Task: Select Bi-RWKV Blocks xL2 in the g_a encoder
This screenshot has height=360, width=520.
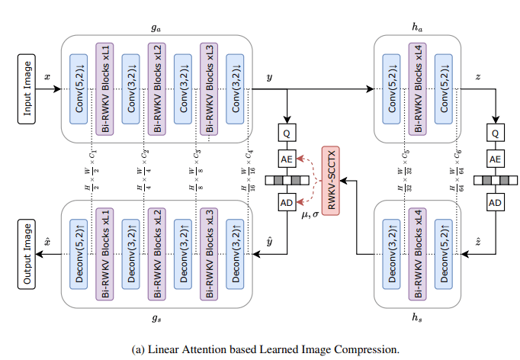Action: (156, 88)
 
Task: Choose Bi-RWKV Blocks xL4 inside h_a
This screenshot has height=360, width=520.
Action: (416, 88)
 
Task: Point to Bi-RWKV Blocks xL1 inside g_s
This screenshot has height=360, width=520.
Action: (104, 253)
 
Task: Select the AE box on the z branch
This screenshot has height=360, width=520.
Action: (494, 158)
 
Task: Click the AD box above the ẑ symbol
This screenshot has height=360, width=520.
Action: (494, 204)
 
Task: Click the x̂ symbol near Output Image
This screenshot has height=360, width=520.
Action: (47, 242)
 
